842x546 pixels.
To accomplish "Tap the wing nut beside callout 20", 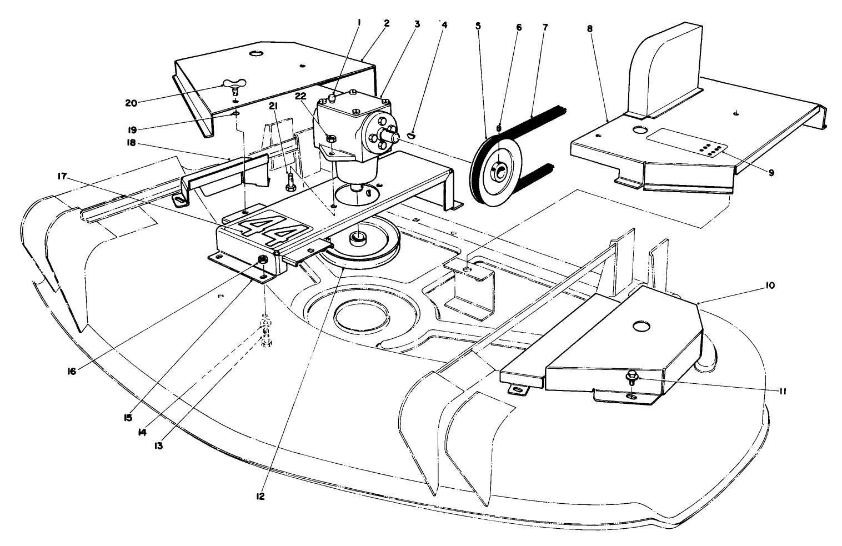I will click(x=232, y=86).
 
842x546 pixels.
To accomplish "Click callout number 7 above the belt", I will click(x=544, y=26).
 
